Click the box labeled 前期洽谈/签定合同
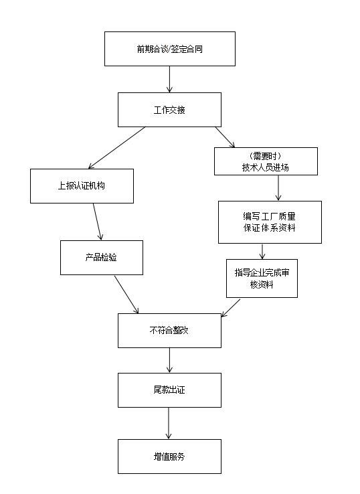170,49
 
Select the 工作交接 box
169,110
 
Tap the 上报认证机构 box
82,185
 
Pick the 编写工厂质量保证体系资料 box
270,222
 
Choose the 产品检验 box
101,257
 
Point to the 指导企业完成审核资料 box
262,278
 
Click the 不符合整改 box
169,331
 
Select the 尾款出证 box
169,390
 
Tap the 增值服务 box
169,457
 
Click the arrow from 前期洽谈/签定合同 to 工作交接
170,79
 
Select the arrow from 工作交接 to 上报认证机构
117,147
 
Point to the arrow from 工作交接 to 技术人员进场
225,137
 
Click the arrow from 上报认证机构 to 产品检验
98,222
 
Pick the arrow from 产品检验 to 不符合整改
126,294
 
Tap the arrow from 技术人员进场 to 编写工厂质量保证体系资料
278,188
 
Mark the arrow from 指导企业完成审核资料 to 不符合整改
230,307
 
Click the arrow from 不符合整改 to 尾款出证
170,360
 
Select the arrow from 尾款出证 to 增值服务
169,423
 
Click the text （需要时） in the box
266,156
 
